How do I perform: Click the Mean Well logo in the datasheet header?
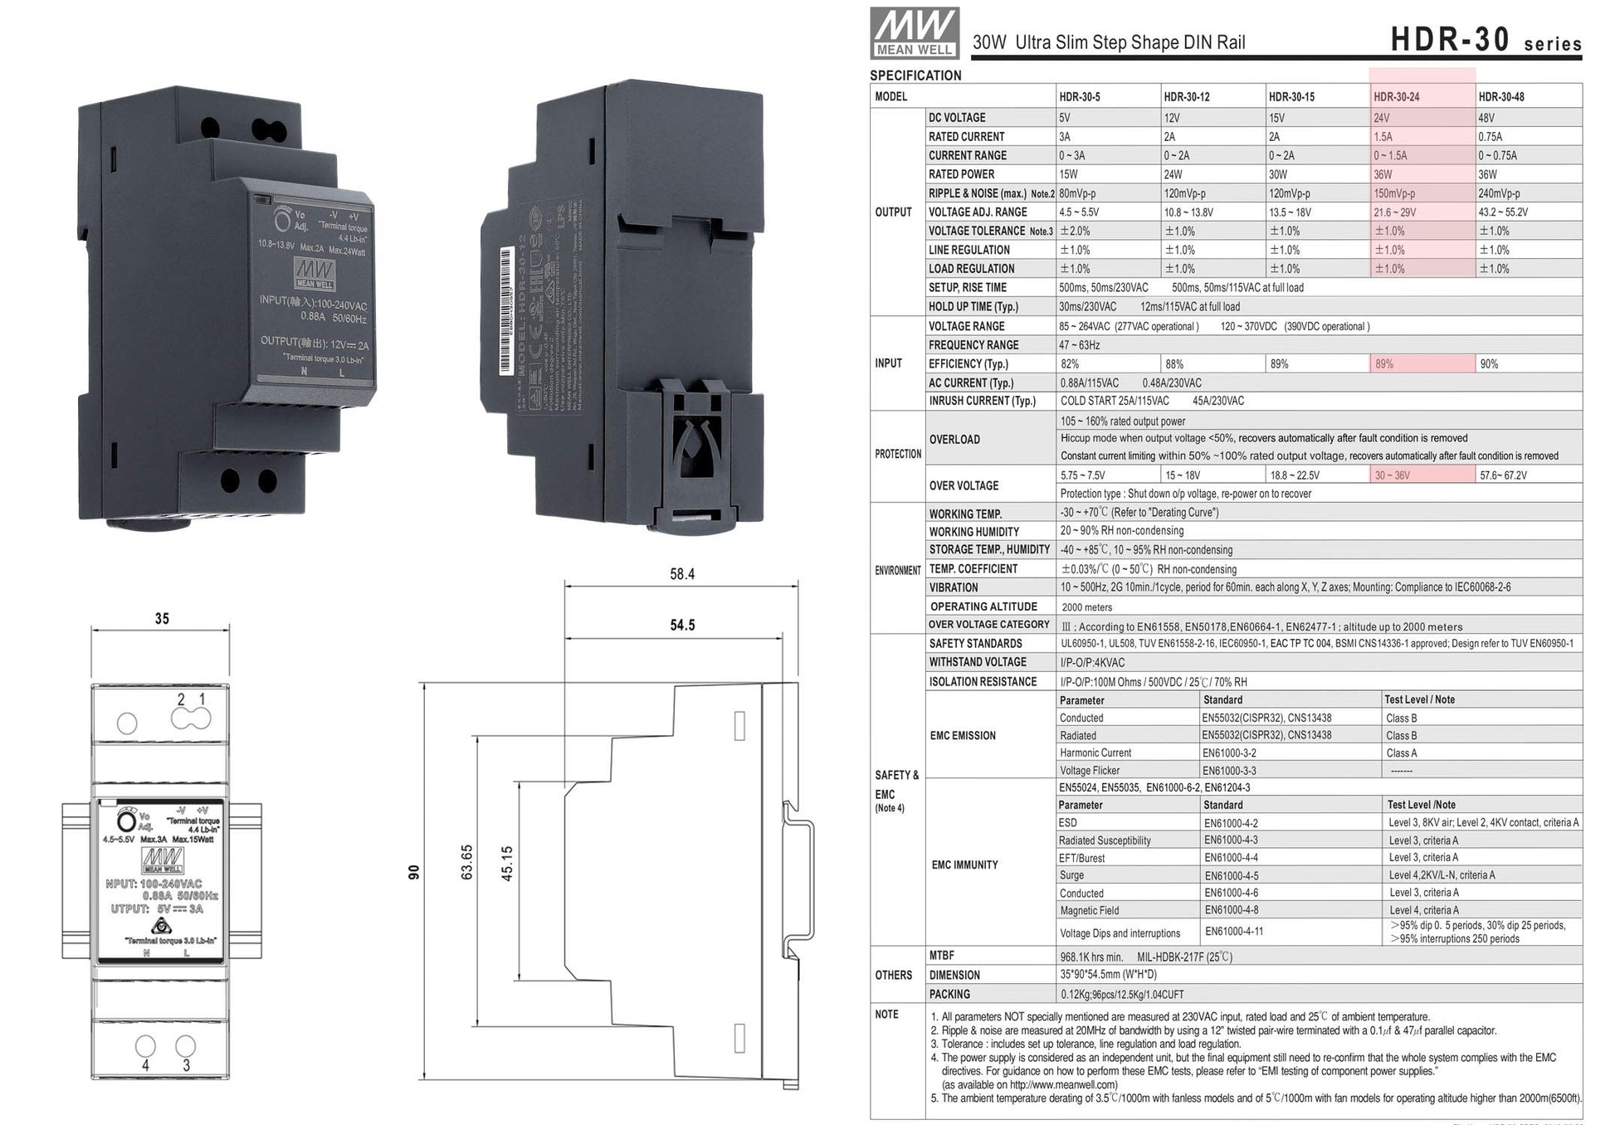915,33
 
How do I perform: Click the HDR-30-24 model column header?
1397,97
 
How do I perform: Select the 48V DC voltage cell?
1489,118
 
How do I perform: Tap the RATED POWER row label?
961,174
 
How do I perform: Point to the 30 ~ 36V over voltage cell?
1392,475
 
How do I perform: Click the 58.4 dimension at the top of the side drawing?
682,574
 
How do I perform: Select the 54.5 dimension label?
682,626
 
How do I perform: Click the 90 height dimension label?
414,872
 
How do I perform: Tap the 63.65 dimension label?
467,863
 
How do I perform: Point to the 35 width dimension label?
162,619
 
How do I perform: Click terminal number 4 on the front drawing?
145,1065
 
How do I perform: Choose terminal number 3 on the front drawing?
186,1065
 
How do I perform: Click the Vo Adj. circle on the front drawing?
126,821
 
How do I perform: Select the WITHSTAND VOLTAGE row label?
978,662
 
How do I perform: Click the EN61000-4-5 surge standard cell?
1231,875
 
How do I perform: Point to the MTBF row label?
942,956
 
